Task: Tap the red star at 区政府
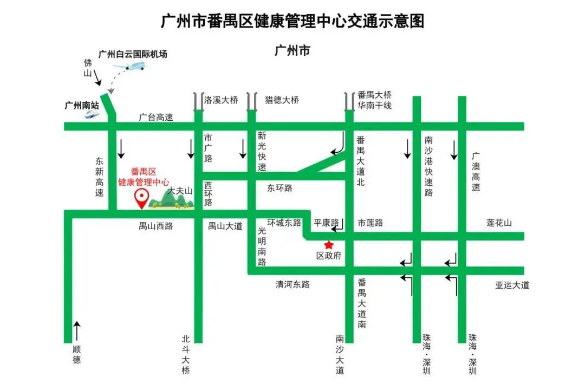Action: pos(328,245)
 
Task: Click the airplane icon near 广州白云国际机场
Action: pos(131,67)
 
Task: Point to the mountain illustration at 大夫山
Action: pos(172,200)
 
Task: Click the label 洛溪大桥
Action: pos(221,100)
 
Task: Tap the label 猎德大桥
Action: pos(282,100)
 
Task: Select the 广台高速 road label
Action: pos(156,117)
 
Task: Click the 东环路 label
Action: pos(279,188)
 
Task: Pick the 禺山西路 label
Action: pos(156,226)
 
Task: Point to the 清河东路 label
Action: pos(292,284)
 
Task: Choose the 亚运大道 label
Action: pos(512,285)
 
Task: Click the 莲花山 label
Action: pos(499,223)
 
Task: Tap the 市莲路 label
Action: pos(370,223)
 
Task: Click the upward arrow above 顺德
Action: pos(77,331)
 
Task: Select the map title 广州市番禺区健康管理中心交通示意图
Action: pos(292,21)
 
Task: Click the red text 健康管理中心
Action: pos(144,182)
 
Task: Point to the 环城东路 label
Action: pos(284,223)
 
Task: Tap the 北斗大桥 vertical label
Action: pos(186,355)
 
